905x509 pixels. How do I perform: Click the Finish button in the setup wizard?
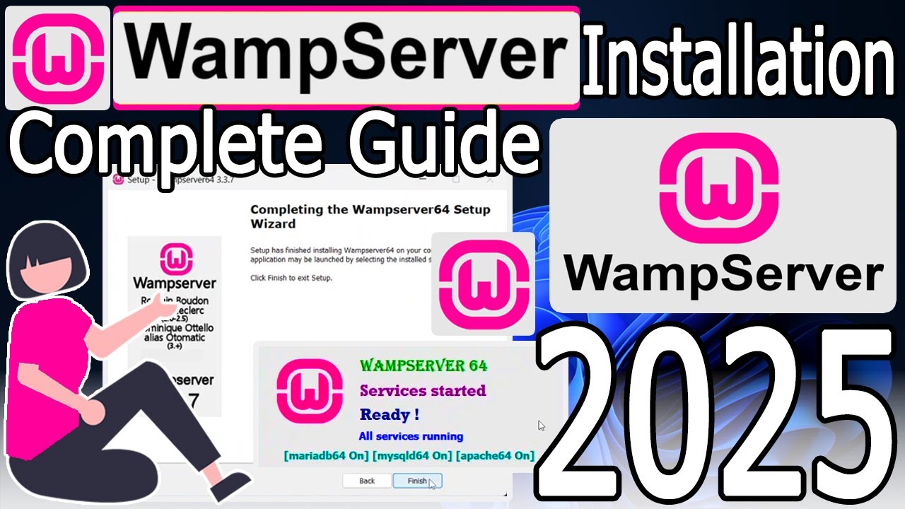417,481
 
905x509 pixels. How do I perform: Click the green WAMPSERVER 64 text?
423,365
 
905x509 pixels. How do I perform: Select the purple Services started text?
423,390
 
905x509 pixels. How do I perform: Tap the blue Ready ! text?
390,414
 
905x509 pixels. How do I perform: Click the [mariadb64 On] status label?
326,455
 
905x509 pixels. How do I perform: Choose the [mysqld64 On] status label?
412,455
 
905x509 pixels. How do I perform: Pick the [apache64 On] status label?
495,455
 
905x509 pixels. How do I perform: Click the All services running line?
411,436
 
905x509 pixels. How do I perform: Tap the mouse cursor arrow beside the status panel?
541,426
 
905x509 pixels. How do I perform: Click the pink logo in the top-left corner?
57,58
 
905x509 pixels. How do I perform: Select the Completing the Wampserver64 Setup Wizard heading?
370,216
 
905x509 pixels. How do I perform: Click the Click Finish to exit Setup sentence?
291,278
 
